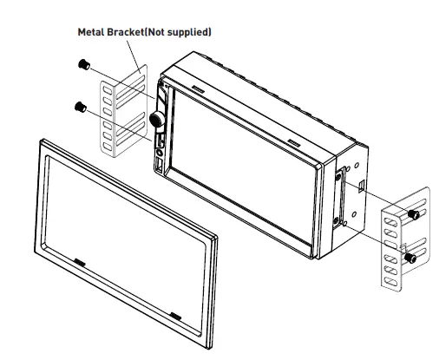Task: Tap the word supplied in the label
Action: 189,32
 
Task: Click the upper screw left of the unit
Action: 82,66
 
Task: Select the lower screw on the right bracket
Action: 411,258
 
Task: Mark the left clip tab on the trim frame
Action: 80,260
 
